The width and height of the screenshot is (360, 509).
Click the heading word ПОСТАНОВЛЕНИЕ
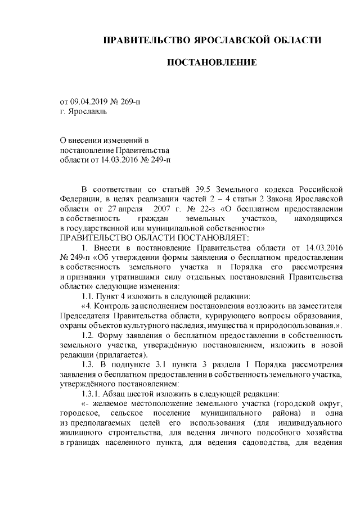point(213,61)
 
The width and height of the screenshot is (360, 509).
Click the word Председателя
point(84,316)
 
